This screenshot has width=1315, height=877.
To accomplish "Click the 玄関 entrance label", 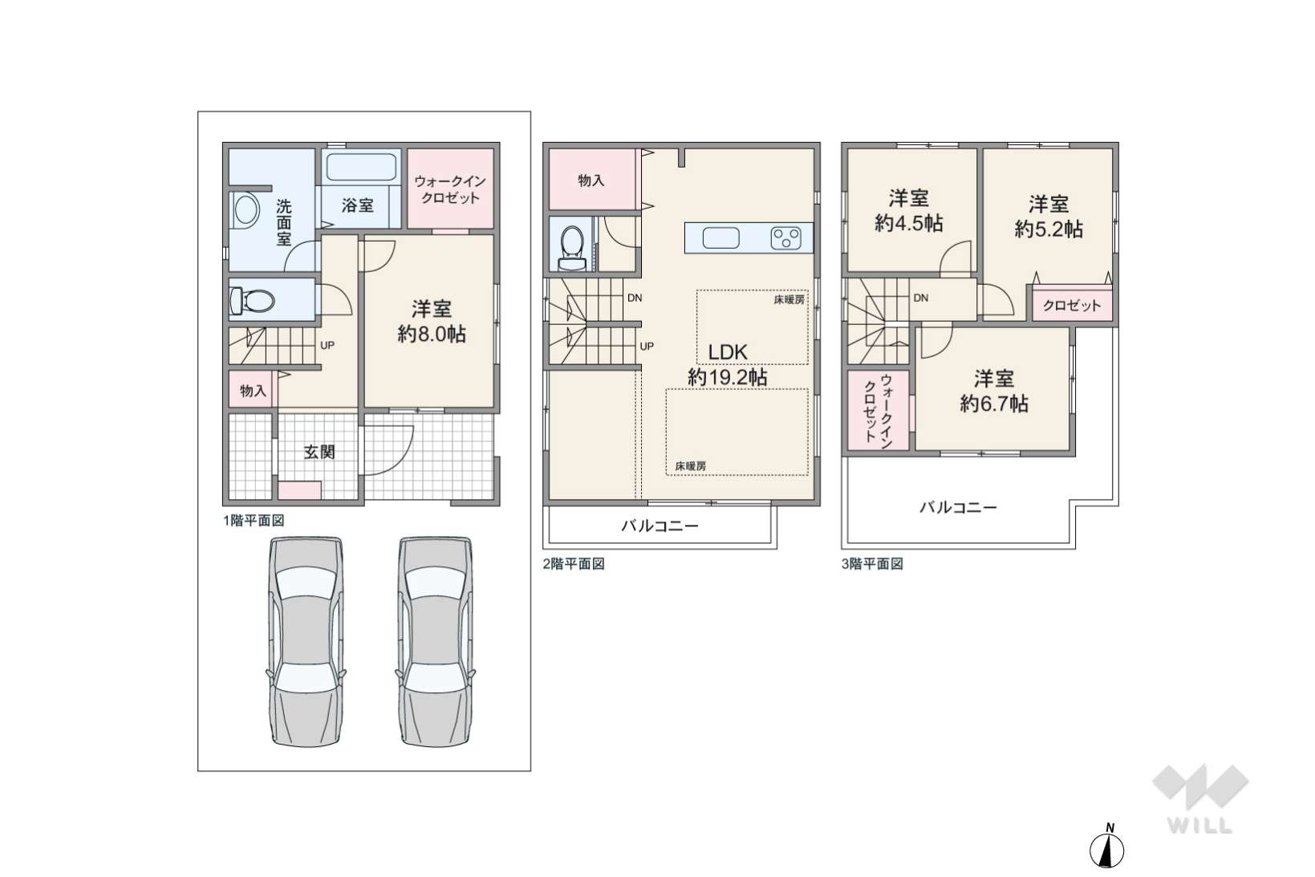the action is click(319, 452).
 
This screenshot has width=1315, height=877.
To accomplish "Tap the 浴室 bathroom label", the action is click(358, 205).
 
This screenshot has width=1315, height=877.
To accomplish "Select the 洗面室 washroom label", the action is click(283, 222).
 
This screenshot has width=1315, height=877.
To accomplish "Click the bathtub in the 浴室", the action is click(361, 168).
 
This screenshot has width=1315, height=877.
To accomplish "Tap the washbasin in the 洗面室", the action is click(246, 209).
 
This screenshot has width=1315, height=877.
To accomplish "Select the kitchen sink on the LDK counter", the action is click(721, 238).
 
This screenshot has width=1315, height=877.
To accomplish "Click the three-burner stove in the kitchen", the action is click(786, 238).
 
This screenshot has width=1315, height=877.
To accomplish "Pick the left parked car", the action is click(306, 641).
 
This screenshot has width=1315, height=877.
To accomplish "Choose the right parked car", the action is click(435, 641).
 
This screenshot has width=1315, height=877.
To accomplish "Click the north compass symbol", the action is click(1106, 848).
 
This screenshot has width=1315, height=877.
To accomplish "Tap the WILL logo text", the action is click(1199, 826).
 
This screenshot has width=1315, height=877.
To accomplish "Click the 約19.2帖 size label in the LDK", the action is click(728, 377).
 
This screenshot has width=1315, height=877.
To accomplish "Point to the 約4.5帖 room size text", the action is click(909, 223).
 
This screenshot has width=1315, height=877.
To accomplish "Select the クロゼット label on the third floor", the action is click(1072, 305).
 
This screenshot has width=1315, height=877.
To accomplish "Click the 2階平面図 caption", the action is click(574, 564).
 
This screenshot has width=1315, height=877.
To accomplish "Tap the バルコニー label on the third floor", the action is click(958, 507).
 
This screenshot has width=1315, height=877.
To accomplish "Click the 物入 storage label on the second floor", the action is click(591, 181).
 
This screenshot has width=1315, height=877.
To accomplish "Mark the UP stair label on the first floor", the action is click(327, 346).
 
